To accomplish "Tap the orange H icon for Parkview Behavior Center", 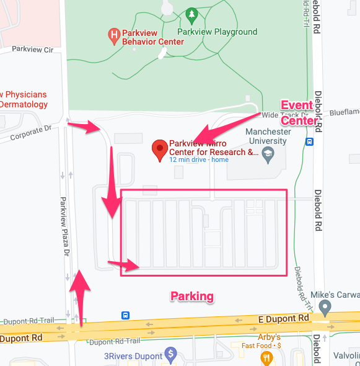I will point(113,35).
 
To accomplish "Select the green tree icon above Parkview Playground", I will point(192,14).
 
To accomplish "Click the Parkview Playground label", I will point(217,32).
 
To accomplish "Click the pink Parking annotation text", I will point(192,297).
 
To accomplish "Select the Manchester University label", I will point(268,136).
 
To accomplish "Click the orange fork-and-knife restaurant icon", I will point(266,357).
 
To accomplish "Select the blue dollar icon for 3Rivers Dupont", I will point(172,355).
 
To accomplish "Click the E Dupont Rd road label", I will point(283,318).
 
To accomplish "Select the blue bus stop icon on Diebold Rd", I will point(309,141).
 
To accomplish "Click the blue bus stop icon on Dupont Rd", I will point(126,315).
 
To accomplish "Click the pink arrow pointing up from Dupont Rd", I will point(81,295).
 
